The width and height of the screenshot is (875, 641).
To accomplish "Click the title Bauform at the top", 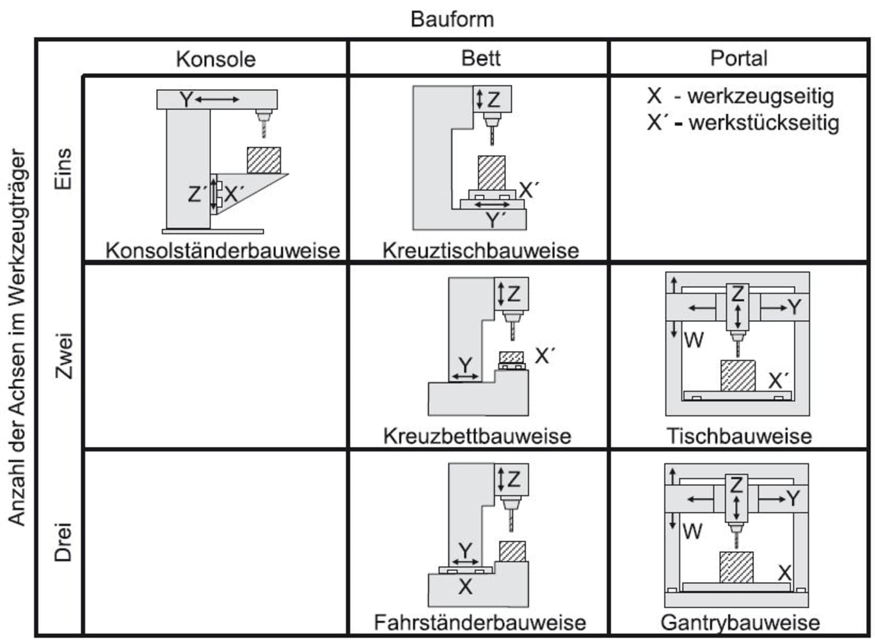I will pyautogui.click(x=452, y=19).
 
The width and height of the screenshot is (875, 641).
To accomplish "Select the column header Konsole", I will pyautogui.click(x=216, y=59).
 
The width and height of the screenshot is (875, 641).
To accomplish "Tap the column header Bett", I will pyautogui.click(x=481, y=58).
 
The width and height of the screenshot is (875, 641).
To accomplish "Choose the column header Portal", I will pyautogui.click(x=738, y=58).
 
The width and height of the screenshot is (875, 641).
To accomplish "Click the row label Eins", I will pyautogui.click(x=63, y=169).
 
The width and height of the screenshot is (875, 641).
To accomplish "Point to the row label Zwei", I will pyautogui.click(x=63, y=356).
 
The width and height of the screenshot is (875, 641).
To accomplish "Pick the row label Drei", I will pyautogui.click(x=63, y=542).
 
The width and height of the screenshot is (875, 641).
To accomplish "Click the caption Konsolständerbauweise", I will pyautogui.click(x=222, y=250).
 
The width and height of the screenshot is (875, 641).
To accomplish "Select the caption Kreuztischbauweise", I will pyautogui.click(x=481, y=250).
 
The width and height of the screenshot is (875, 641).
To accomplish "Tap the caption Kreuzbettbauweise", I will pyautogui.click(x=477, y=436).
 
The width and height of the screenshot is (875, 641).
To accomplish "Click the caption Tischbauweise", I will pyautogui.click(x=739, y=436).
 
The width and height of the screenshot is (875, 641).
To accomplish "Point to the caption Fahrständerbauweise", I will pyautogui.click(x=480, y=622).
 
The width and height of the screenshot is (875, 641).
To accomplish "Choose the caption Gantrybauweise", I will pyautogui.click(x=740, y=622).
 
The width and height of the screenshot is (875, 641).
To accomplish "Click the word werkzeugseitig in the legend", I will pyautogui.click(x=760, y=96).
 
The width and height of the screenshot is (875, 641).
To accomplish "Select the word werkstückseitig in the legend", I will pyautogui.click(x=764, y=122).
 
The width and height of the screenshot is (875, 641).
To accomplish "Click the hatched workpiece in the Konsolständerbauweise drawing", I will pyautogui.click(x=264, y=160).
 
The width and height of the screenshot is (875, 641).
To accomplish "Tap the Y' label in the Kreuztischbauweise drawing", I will pyautogui.click(x=496, y=220).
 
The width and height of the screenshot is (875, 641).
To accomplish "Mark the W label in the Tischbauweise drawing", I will pyautogui.click(x=693, y=339).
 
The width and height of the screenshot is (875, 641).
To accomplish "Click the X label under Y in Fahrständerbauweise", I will pyautogui.click(x=465, y=586).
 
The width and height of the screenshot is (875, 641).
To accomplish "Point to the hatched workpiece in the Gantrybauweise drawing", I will pyautogui.click(x=736, y=567).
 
